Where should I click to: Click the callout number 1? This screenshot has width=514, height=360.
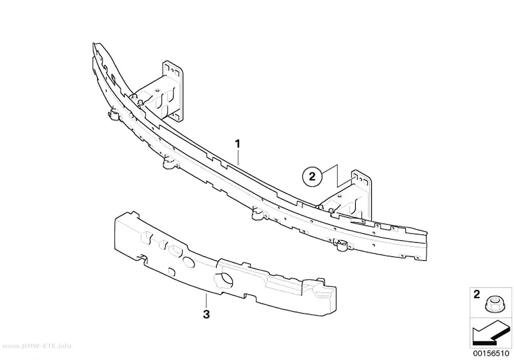coord(237,144)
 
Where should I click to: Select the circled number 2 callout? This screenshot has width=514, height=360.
coord(312,177)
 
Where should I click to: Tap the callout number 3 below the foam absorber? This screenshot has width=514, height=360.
coord(206,314)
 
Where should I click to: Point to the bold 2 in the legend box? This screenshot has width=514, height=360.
coord(477,294)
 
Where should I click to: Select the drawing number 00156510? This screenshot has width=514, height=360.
coord(491,354)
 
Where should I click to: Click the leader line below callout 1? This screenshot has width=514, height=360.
coord(239,157)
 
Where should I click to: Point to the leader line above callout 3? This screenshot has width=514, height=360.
coord(206,301)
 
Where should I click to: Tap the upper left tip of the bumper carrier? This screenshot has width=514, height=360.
coord(94,43)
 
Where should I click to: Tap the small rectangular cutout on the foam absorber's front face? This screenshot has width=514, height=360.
coord(172,271)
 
